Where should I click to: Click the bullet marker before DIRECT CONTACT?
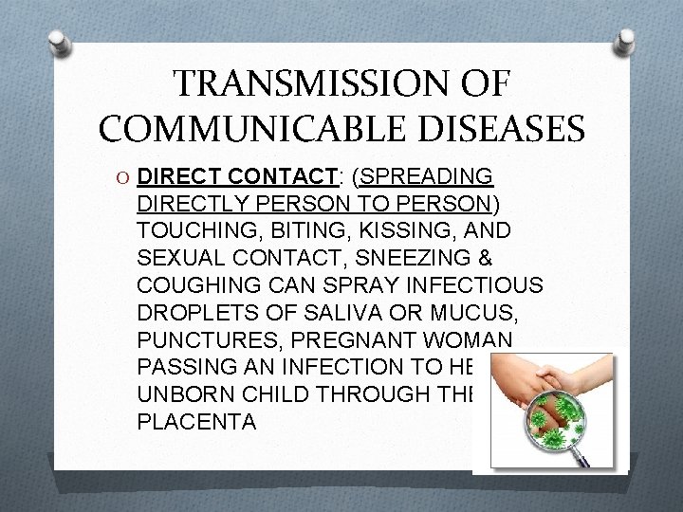[x=148, y=176]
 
